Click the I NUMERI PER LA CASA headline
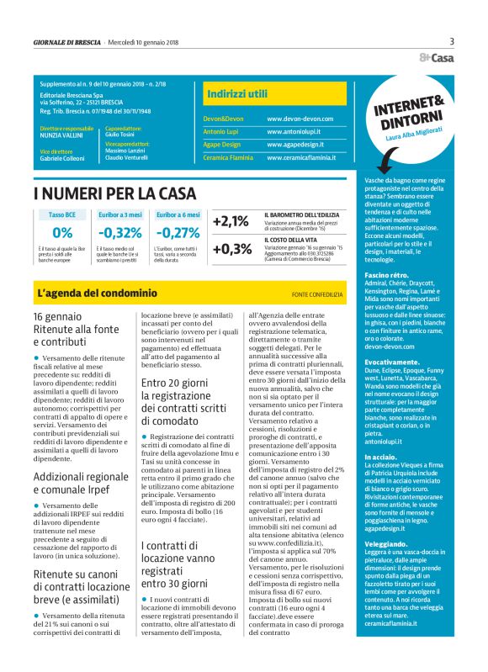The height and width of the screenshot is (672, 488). [114, 194]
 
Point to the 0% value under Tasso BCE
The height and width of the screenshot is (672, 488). [62, 233]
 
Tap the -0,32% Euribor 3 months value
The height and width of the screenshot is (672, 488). [119, 233]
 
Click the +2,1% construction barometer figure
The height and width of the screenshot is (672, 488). [231, 222]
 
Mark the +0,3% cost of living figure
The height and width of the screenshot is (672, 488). [231, 249]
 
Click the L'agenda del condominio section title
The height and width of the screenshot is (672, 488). [97, 294]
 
